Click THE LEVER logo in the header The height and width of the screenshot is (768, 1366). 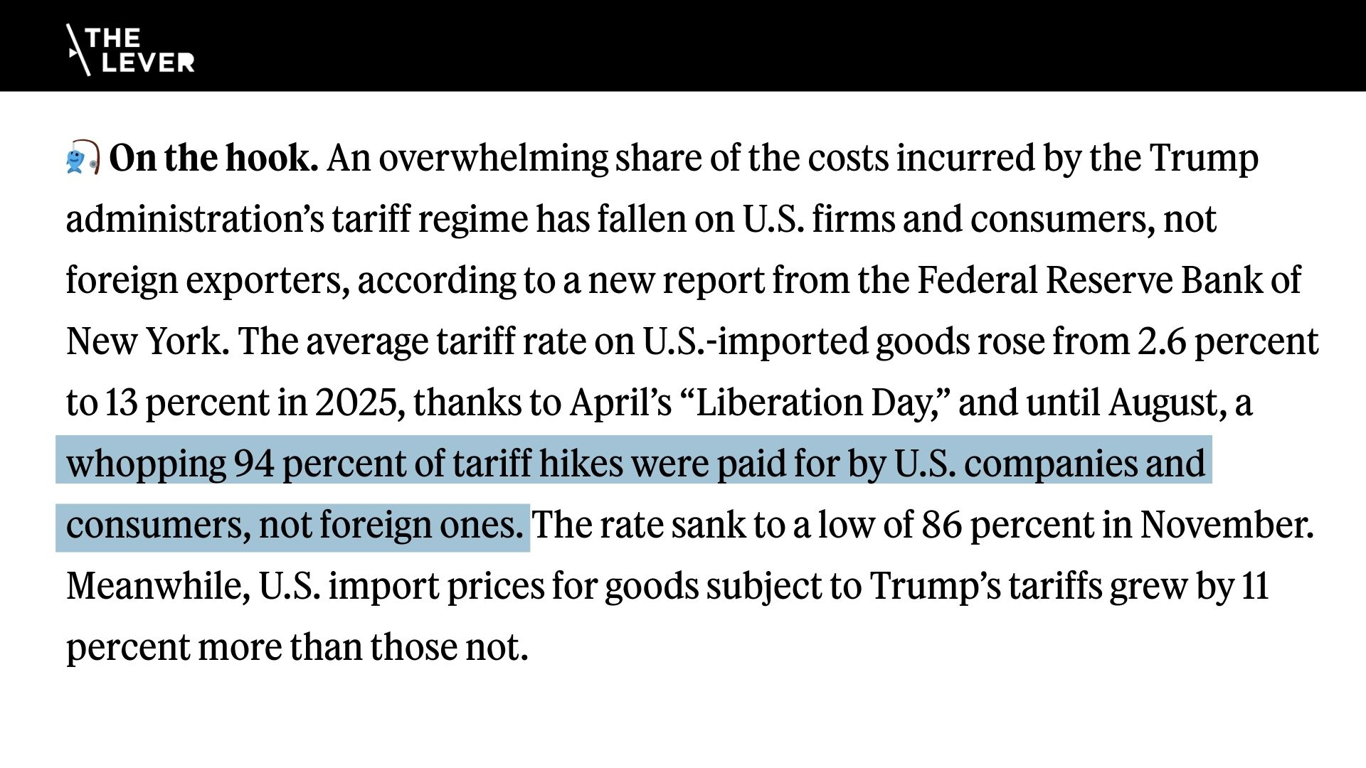point(130,50)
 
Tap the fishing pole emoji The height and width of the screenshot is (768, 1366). point(83,157)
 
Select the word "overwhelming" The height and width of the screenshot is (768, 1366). point(493,158)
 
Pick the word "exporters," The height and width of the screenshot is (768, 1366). point(268,280)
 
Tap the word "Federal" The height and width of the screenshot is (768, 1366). point(977,280)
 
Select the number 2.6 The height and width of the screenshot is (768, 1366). point(1161,341)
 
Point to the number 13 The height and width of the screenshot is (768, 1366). point(121,402)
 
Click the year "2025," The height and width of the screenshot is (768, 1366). point(360,402)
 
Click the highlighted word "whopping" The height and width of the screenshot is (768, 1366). point(146,464)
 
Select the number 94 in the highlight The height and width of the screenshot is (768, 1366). point(254,464)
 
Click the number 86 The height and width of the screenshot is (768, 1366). point(941,525)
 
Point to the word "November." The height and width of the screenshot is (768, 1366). point(1227,525)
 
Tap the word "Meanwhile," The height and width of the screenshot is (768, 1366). point(158,586)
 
